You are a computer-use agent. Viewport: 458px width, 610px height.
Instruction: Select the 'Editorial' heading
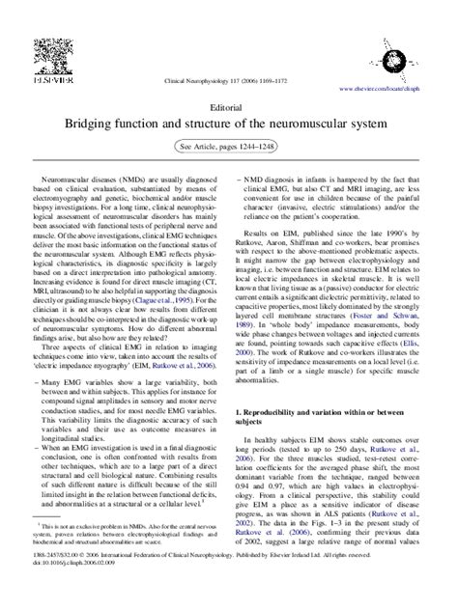pos(229,109)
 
